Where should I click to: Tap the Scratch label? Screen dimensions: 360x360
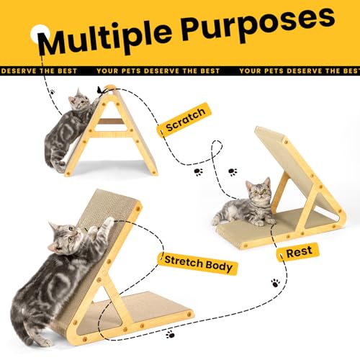pos(184,120)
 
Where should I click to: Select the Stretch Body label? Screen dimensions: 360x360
pos(198,264)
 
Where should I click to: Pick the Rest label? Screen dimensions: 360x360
pos(298,252)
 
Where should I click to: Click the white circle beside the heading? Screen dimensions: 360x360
pos(40,34)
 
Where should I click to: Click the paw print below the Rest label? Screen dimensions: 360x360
pos(276,283)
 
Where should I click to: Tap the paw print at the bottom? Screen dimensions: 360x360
pos(170,334)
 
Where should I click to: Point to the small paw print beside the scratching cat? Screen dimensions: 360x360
pos(52,91)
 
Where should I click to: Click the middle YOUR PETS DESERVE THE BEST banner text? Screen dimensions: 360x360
pos(158,71)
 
